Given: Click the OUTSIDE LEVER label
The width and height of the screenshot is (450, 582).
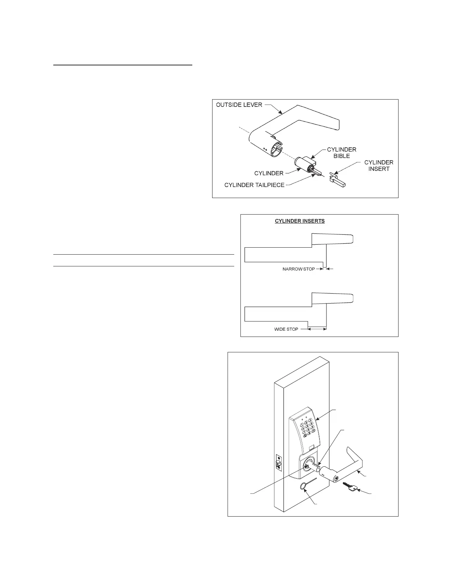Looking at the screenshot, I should [x=239, y=105].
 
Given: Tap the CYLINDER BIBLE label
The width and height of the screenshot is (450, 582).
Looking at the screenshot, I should [x=342, y=152].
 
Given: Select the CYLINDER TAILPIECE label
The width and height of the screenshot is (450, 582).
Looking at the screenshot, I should [x=254, y=185].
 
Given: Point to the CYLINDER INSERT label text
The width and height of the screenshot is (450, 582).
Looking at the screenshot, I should [x=379, y=165].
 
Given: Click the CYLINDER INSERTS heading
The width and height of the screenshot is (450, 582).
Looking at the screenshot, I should [x=300, y=221].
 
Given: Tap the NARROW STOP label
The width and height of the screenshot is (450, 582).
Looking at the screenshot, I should [x=299, y=269].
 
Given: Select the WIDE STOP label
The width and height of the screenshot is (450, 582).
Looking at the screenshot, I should [x=286, y=329].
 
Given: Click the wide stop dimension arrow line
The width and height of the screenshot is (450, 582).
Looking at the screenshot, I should [x=317, y=329].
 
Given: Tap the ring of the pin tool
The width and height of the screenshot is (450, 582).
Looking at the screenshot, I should [x=304, y=497].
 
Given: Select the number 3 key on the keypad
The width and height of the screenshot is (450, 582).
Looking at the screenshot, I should [x=310, y=420].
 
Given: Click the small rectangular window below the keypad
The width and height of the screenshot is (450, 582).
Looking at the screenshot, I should [x=311, y=448].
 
